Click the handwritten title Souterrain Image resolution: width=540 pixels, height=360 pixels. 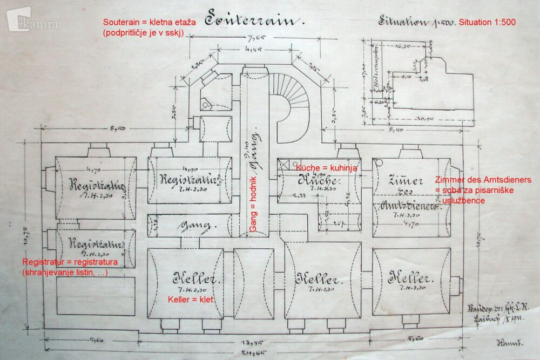pyautogui.click(x=251, y=21)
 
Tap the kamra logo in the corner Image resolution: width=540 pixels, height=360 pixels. pyautogui.click(x=32, y=22)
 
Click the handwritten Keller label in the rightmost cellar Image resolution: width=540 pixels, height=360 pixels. pyautogui.click(x=411, y=280)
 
